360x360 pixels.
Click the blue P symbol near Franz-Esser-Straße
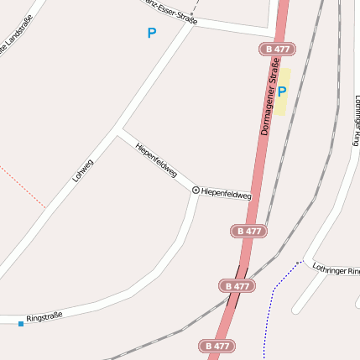pyautogui.click(x=151, y=34)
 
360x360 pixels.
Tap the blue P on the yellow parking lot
pyautogui.click(x=282, y=91)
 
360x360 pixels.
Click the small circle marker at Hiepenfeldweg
pyautogui.click(x=196, y=190)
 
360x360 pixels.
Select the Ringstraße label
pyautogui.click(x=44, y=318)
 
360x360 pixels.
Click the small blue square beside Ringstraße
pyautogui.click(x=21, y=322)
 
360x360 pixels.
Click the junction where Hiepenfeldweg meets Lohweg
pyautogui.click(x=121, y=131)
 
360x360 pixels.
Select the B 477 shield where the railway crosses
pyautogui.click(x=237, y=286)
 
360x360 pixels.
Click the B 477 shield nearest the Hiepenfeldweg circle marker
pyautogui.click(x=248, y=231)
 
